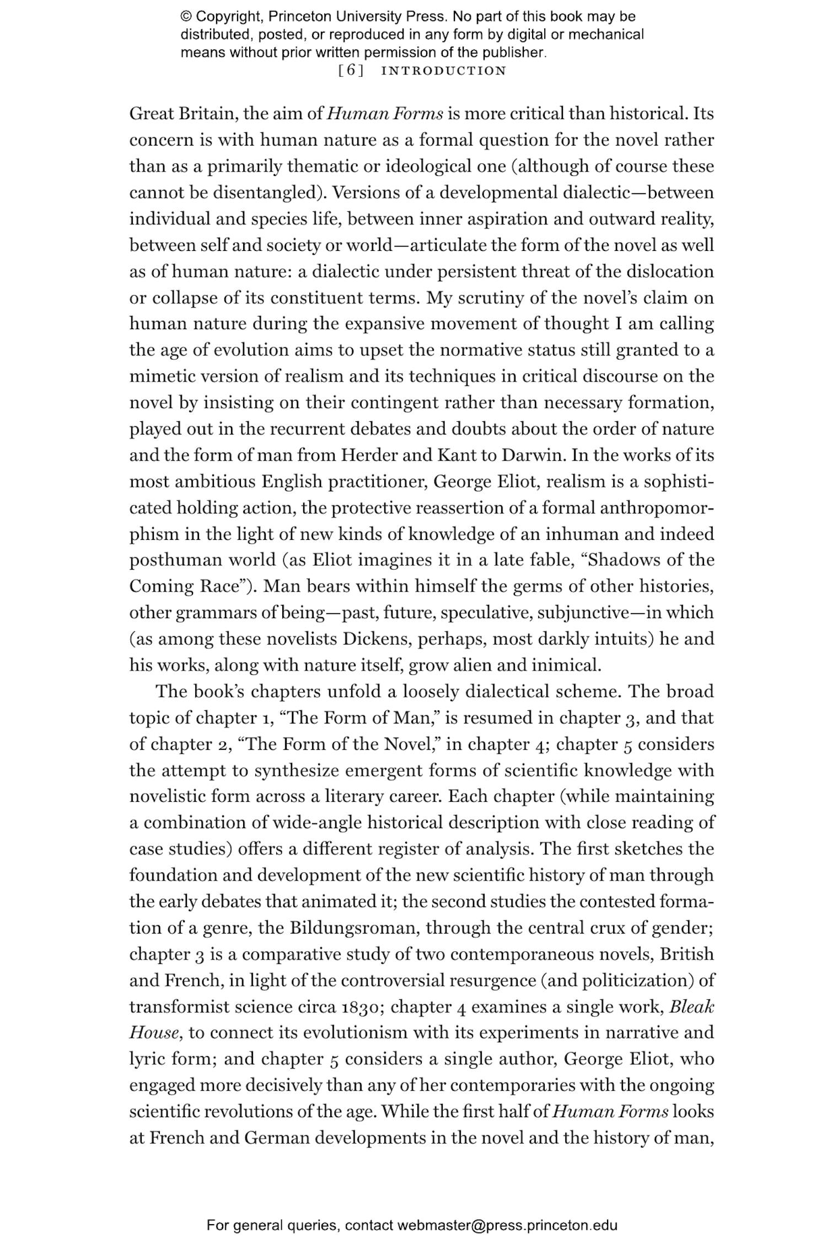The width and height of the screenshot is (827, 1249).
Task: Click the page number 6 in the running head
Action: coord(350,71)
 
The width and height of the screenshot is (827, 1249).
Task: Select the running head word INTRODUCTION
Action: coord(443,71)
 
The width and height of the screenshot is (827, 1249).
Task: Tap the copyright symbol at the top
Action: coord(186,17)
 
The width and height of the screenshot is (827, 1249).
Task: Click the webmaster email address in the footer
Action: coord(506,1225)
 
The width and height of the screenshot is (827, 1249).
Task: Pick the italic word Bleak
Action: coord(692,1006)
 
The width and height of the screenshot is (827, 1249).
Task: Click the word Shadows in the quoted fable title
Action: coord(624,560)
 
